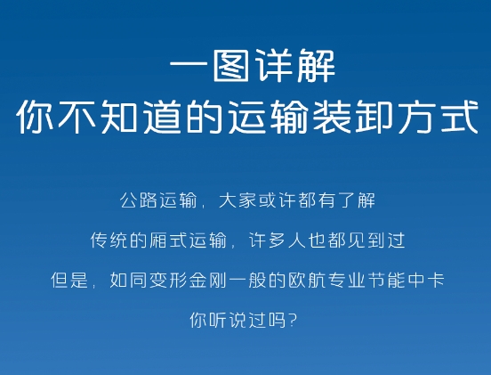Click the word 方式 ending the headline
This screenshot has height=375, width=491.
point(437,117)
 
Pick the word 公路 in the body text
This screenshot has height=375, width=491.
point(138,200)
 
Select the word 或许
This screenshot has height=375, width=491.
point(277,200)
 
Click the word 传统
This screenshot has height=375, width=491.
point(109,240)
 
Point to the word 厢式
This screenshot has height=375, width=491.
point(168,240)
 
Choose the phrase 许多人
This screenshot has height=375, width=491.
point(278,240)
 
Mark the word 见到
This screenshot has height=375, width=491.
point(366,240)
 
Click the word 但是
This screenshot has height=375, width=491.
point(69,280)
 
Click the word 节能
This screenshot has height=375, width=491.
point(386,280)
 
